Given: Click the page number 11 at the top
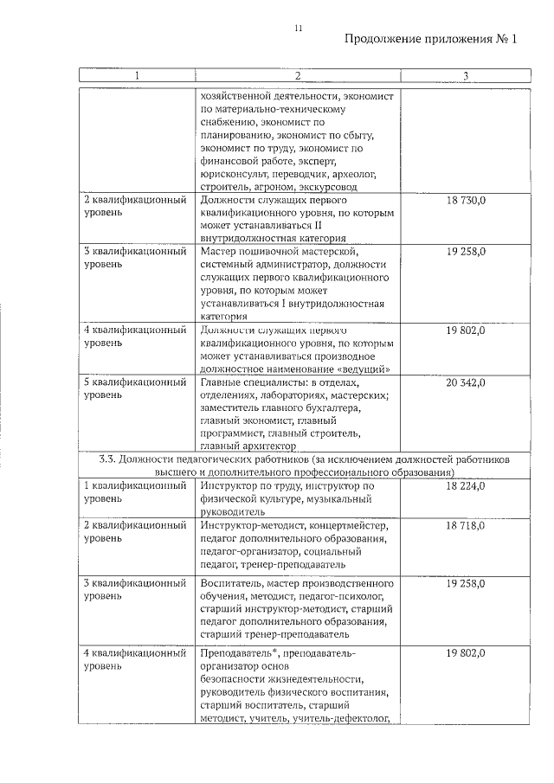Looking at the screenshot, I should click(297, 28).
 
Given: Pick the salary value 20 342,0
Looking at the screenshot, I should click(466, 382).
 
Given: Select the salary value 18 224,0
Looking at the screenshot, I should click(466, 487).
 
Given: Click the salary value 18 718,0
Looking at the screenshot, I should click(466, 526).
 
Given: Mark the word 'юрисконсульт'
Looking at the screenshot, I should click(234, 173).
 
